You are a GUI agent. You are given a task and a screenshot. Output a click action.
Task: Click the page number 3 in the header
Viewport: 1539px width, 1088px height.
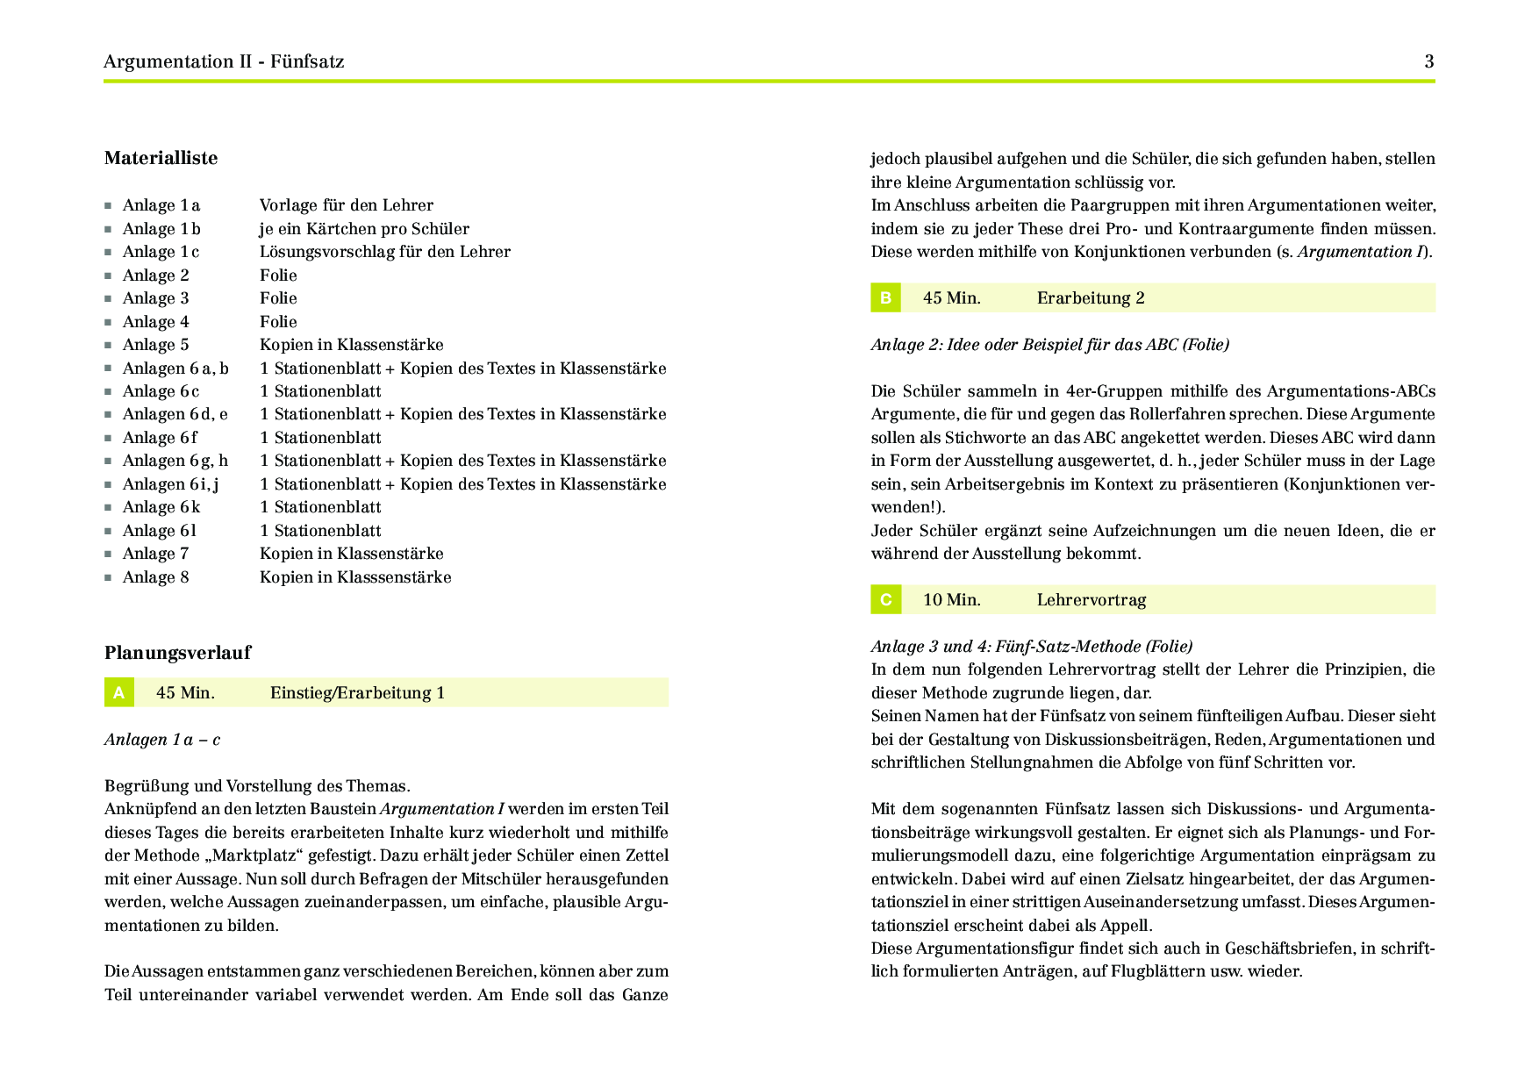pyautogui.click(x=1429, y=61)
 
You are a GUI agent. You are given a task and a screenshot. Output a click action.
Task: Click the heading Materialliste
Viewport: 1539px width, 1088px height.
pyautogui.click(x=161, y=158)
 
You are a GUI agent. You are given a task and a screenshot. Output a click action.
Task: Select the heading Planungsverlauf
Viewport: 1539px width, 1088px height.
pyautogui.click(x=177, y=652)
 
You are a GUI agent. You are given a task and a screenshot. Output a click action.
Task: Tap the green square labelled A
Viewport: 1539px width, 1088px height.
pyautogui.click(x=118, y=692)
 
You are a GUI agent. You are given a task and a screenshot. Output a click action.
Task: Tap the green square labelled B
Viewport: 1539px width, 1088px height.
pyautogui.click(x=885, y=297)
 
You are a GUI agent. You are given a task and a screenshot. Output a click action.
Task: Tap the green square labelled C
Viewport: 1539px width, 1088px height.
pyautogui.click(x=885, y=599)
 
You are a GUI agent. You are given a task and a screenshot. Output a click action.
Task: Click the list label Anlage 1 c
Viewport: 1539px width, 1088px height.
pyautogui.click(x=161, y=252)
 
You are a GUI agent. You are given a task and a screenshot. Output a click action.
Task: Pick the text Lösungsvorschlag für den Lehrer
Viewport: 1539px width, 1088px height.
pyautogui.click(x=384, y=252)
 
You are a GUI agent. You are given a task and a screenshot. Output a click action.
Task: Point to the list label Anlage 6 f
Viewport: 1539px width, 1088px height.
pyautogui.click(x=160, y=438)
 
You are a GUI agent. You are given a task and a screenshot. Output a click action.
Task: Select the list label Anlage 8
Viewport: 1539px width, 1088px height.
pyautogui.click(x=155, y=577)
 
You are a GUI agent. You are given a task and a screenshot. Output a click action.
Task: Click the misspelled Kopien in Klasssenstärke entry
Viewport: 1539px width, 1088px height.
pyautogui.click(x=355, y=577)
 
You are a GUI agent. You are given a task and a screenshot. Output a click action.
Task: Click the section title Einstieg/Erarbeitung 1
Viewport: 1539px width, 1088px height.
pyautogui.click(x=357, y=693)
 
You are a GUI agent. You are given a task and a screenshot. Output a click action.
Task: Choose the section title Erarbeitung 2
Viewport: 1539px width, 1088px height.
pyautogui.click(x=1091, y=298)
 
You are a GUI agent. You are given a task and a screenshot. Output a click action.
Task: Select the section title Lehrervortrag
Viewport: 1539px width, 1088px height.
pyautogui.click(x=1092, y=600)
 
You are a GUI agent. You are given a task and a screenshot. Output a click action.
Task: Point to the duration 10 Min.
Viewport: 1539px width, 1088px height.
pyautogui.click(x=951, y=600)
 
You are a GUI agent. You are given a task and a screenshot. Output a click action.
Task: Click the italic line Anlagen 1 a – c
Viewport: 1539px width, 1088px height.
pyautogui.click(x=162, y=740)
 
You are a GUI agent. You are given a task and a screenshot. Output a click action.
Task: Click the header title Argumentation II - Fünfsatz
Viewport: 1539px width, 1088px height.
pyautogui.click(x=224, y=61)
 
